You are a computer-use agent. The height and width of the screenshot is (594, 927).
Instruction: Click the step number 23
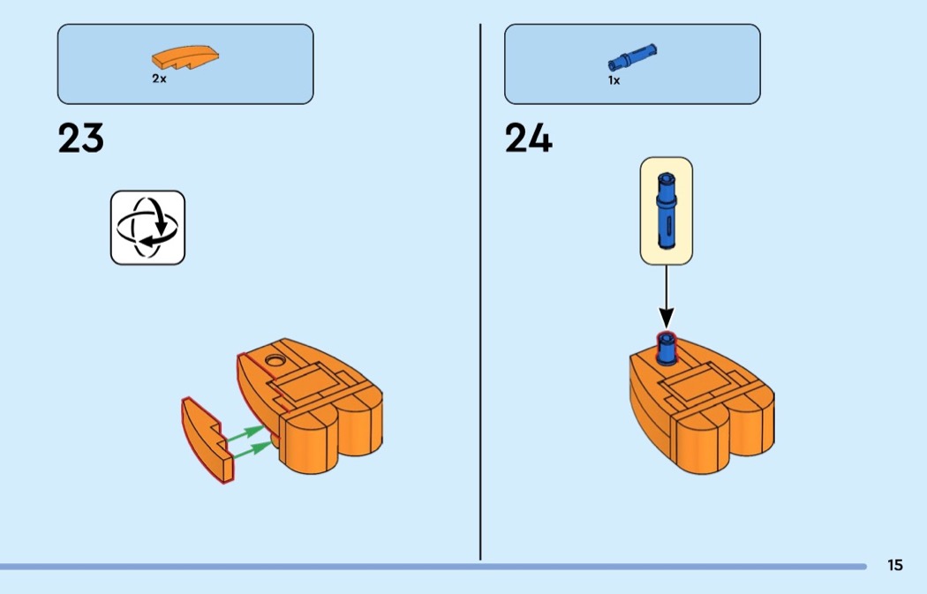coord(81,138)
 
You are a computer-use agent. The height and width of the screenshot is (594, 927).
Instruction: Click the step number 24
coord(529,138)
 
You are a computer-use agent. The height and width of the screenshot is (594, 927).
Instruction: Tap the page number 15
coord(895,565)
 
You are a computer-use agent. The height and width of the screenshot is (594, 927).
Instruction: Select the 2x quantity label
coord(159,78)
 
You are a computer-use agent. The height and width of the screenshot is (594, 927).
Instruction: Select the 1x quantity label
coord(614,79)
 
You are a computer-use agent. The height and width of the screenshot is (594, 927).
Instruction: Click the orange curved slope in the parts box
coord(185,59)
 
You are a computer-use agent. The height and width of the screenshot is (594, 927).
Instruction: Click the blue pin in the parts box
coord(632,57)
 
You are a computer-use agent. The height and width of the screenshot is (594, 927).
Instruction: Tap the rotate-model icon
coord(147,228)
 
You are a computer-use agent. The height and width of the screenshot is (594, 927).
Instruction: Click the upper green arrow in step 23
coord(246,433)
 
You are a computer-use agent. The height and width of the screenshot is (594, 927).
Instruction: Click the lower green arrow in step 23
coord(254,449)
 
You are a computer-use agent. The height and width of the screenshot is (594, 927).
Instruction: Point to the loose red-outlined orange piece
coord(207,440)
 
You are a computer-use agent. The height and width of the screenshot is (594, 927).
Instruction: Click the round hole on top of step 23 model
coord(275,359)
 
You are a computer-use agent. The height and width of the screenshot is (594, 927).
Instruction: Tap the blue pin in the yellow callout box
coord(667,210)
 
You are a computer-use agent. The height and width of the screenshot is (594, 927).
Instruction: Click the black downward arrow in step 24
coord(667,296)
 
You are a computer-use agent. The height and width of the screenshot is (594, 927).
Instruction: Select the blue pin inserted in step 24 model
coord(667,348)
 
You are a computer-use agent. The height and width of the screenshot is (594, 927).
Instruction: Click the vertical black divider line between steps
coord(480,292)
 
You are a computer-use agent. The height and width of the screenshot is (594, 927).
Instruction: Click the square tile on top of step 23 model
coord(305,383)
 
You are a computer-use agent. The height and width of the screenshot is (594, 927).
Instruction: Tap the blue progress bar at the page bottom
coord(433,567)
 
